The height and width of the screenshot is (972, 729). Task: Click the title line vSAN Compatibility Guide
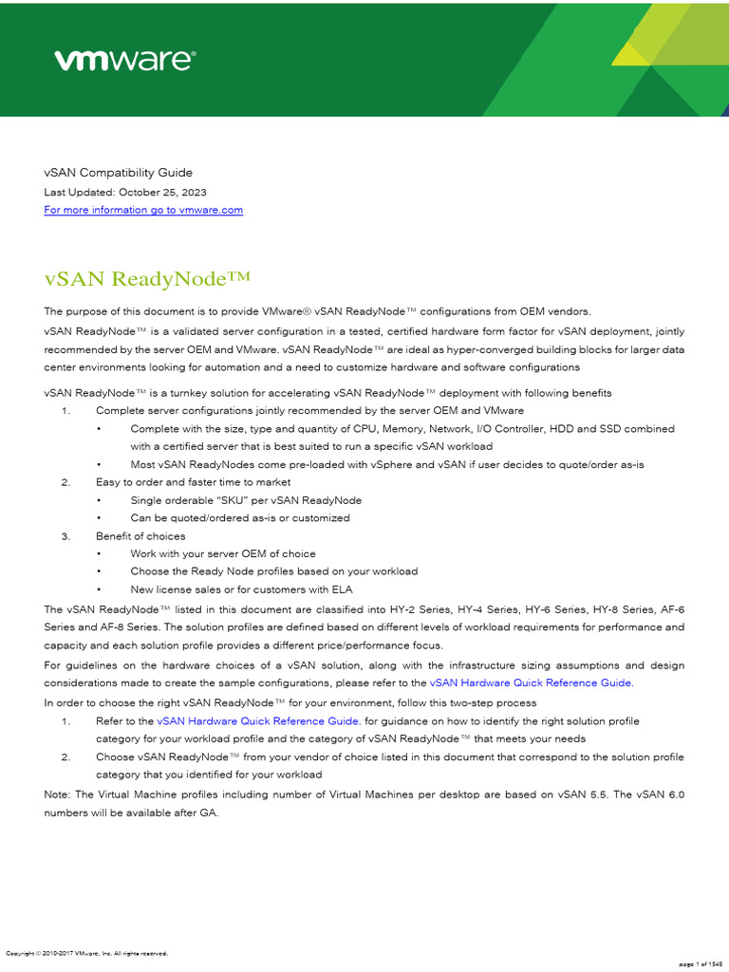coord(118,173)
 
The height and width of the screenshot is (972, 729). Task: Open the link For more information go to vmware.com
coord(143,210)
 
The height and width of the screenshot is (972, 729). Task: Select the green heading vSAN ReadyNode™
coord(147,278)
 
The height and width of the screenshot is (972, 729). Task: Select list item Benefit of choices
coord(140,536)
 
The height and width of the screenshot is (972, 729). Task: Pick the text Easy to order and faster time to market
coord(193,482)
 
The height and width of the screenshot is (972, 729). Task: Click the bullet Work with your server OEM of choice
coord(223,553)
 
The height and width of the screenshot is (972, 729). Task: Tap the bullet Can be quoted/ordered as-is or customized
coord(240,518)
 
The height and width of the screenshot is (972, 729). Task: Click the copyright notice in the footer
coord(87,953)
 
